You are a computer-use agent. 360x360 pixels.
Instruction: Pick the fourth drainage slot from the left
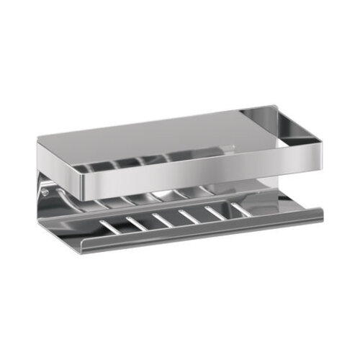[189, 216]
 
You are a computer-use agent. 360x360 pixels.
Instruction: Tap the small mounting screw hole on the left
[45, 192]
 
